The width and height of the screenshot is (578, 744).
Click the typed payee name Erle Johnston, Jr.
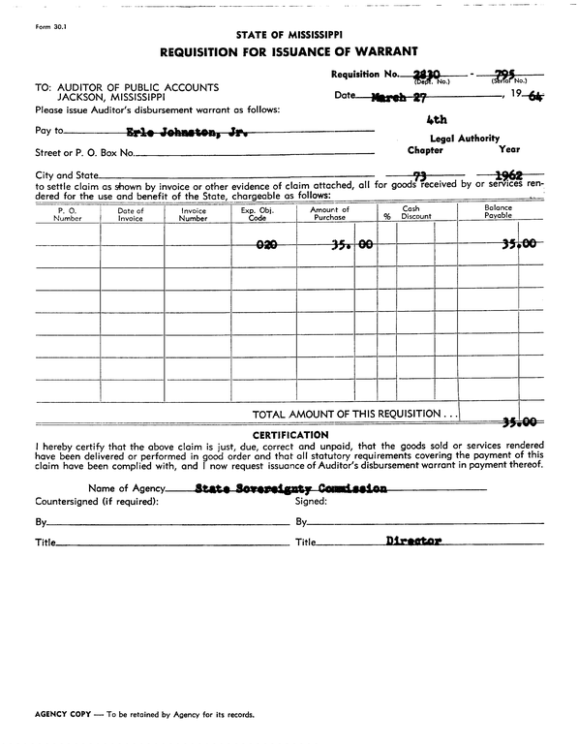(x=187, y=131)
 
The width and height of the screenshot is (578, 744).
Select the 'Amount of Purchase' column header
(x=329, y=214)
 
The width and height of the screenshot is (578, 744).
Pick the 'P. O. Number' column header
(x=68, y=214)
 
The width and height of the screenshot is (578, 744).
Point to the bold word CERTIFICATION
(x=289, y=435)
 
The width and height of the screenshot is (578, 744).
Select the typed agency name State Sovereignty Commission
(x=290, y=489)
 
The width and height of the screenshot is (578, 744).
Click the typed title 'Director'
(x=413, y=541)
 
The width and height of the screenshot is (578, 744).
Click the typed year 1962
(x=510, y=175)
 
